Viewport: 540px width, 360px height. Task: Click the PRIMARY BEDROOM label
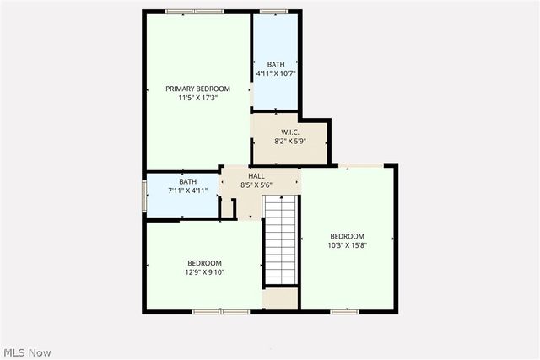click(x=197, y=89)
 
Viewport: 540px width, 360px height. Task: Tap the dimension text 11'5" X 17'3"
click(x=197, y=98)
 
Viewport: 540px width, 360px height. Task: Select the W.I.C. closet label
click(x=289, y=132)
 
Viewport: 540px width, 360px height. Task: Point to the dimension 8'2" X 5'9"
click(x=289, y=142)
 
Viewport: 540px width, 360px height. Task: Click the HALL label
click(x=256, y=175)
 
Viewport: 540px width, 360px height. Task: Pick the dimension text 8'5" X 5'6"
click(x=256, y=185)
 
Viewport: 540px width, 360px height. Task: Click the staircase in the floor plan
click(x=280, y=241)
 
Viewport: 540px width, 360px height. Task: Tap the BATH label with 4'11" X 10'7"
click(x=276, y=64)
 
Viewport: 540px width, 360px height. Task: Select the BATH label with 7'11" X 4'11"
click(x=187, y=181)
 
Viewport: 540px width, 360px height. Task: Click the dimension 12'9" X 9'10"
click(x=204, y=272)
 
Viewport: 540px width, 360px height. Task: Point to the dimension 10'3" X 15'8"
click(x=347, y=245)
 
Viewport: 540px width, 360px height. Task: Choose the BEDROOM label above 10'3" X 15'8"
click(x=347, y=236)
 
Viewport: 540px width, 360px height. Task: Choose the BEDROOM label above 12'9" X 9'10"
click(x=204, y=263)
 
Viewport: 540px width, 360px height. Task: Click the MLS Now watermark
click(x=27, y=351)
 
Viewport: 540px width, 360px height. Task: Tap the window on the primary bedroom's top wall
click(x=194, y=12)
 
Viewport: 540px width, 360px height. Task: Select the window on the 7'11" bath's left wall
click(x=143, y=196)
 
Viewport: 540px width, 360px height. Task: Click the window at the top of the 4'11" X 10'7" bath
click(x=273, y=12)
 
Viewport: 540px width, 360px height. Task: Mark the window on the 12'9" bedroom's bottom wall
click(x=220, y=312)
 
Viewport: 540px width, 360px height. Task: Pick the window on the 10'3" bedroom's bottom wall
click(x=344, y=312)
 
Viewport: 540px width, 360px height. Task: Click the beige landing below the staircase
click(x=280, y=298)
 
